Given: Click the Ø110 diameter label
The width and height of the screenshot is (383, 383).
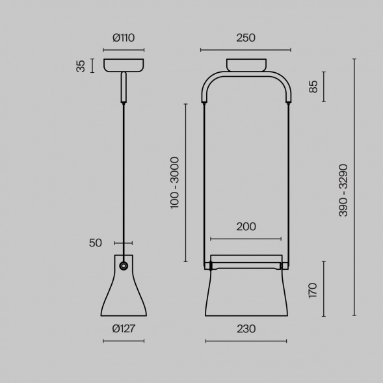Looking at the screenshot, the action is (x=124, y=38).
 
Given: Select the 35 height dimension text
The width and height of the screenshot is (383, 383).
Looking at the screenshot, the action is (x=81, y=66).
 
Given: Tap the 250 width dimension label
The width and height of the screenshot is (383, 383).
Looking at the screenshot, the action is (x=246, y=38).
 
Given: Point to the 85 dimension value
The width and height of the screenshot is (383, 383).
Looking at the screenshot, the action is (x=313, y=86).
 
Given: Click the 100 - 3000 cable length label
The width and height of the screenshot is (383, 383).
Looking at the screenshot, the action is (x=175, y=183).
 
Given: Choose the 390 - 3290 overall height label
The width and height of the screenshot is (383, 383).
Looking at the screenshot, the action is (x=343, y=190).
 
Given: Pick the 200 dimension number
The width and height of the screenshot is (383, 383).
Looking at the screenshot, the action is (x=246, y=227).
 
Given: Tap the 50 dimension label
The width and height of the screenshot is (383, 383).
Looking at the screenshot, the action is (x=95, y=243).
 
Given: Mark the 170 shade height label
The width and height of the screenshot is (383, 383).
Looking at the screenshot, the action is (x=313, y=291).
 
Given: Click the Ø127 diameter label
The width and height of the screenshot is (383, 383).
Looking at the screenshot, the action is (x=124, y=328).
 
